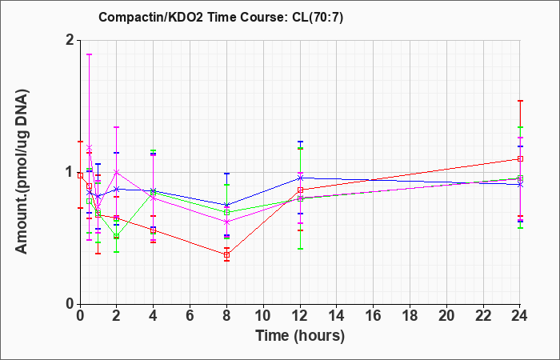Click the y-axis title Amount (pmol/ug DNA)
click(22, 171)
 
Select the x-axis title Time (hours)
click(300, 336)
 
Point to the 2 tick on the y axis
click(70, 40)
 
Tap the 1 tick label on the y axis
click(70, 172)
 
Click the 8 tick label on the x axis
click(226, 316)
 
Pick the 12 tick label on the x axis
click(300, 316)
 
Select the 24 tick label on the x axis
click(519, 316)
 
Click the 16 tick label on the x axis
click(374, 316)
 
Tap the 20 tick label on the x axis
click(446, 316)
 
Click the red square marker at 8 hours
click(226, 255)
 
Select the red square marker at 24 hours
click(520, 159)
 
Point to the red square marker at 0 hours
click(80, 175)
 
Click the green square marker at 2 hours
click(116, 236)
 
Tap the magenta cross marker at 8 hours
click(226, 222)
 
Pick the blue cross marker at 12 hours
click(300, 178)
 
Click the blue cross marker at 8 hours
click(226, 205)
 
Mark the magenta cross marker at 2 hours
click(116, 172)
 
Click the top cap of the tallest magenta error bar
click(90, 54)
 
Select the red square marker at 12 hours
click(300, 190)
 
